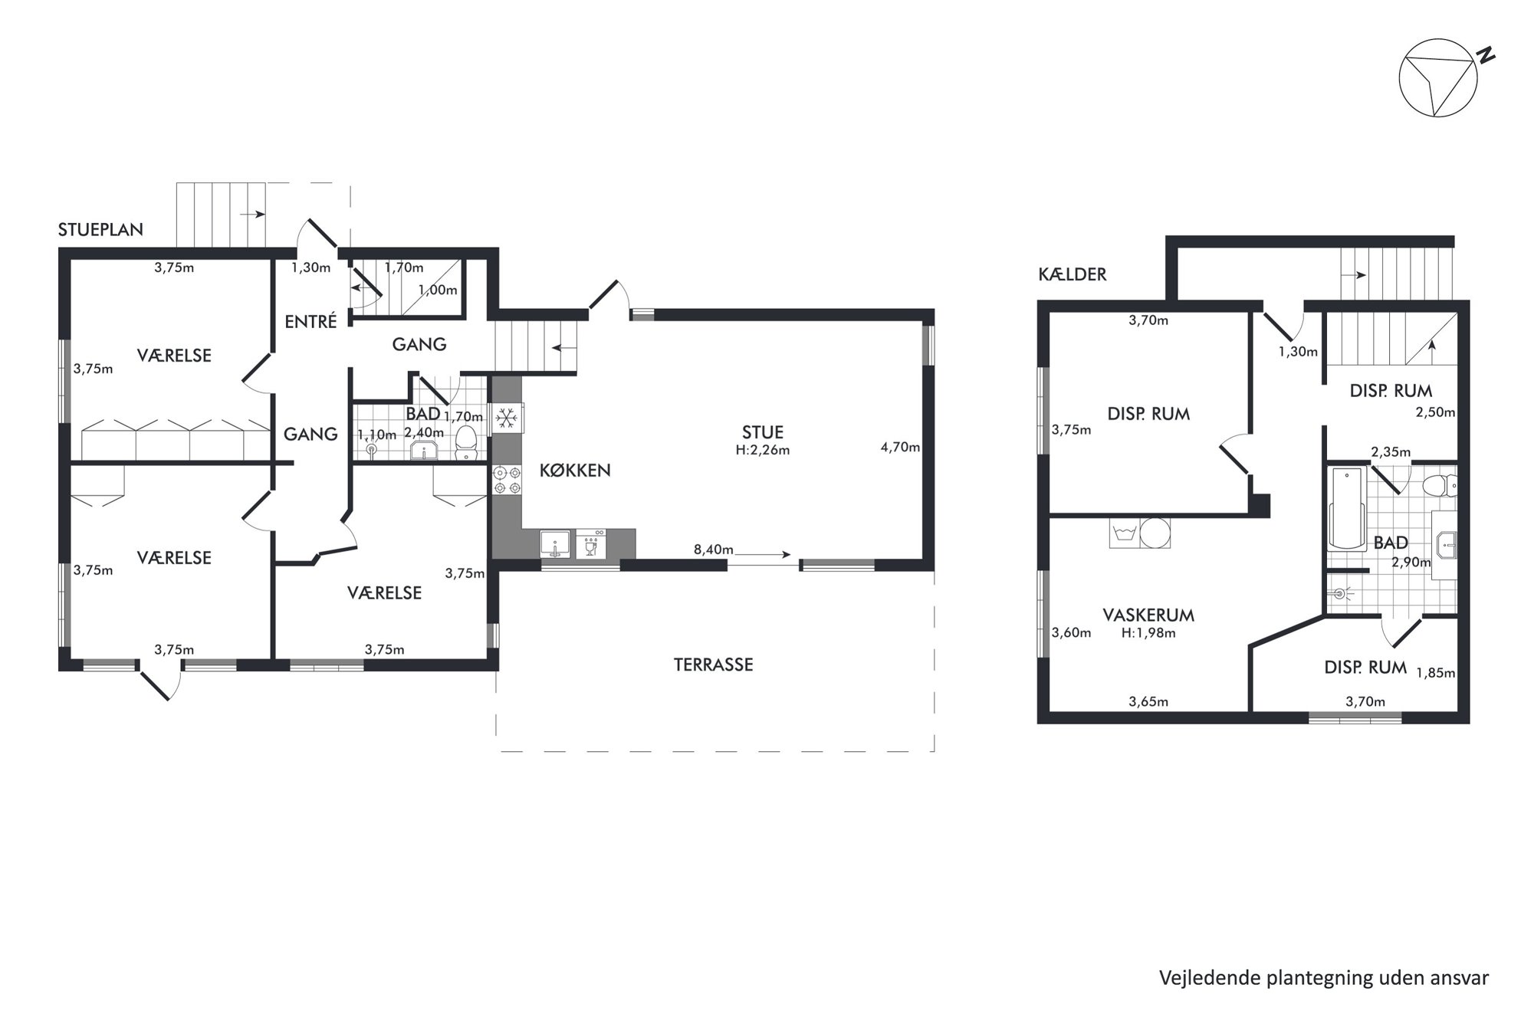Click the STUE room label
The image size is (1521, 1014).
coord(762,432)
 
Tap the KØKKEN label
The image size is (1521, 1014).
coord(575,471)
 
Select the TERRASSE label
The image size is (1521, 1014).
coord(713,665)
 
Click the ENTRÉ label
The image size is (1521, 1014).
coord(310,322)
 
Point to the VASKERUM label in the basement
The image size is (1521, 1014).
coord(1148,615)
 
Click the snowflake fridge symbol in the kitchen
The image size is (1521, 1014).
coord(505,418)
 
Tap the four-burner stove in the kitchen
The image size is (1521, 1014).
coord(507,480)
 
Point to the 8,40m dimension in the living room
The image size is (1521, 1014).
coord(713,550)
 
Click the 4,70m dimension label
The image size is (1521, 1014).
coord(900,447)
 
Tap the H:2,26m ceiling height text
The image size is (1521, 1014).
coord(762,451)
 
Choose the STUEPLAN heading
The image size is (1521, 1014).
coord(100,230)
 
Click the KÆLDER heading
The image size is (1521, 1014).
coord(1073,274)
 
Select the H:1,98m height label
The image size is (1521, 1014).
coord(1148,633)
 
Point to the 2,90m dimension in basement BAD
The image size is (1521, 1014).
coord(1411,562)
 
